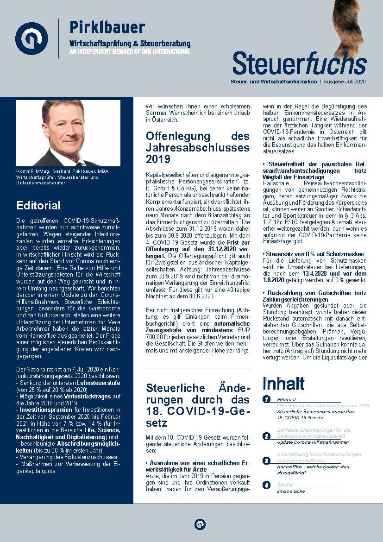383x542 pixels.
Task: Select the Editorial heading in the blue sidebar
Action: click(x=38, y=205)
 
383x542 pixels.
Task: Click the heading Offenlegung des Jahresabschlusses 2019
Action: click(x=197, y=148)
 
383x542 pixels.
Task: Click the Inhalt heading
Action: click(x=283, y=384)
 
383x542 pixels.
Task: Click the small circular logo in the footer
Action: click(x=200, y=524)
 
